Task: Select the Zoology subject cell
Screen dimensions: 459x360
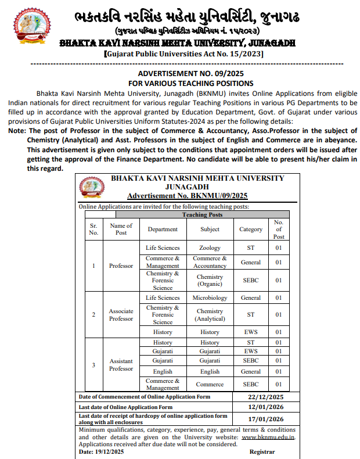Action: [210, 248]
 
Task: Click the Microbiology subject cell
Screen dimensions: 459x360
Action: [210, 297]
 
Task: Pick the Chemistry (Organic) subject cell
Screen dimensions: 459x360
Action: [210, 280]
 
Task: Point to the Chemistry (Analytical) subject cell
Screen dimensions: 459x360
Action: [210, 314]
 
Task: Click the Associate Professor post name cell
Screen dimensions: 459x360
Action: [121, 314]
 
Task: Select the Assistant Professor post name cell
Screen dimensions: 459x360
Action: [121, 364]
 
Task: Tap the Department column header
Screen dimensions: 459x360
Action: [163, 229]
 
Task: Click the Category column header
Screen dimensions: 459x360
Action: [251, 229]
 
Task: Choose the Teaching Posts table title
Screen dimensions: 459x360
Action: [203, 214]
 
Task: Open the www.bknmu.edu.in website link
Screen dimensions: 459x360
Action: [268, 437]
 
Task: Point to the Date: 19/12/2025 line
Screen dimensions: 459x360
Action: [101, 451]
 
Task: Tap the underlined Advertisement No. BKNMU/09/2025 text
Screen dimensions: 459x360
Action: [188, 196]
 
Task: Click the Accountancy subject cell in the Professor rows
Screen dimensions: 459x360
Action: [210, 262]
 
